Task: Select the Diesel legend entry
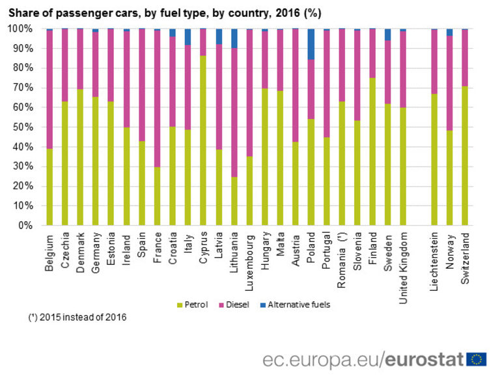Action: pyautogui.click(x=238, y=305)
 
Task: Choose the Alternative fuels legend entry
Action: pyautogui.click(x=299, y=305)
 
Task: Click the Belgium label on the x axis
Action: pyautogui.click(x=50, y=254)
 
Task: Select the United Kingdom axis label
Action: pyautogui.click(x=404, y=260)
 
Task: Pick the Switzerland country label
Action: pyautogui.click(x=465, y=256)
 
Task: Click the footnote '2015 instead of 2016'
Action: pyautogui.click(x=77, y=318)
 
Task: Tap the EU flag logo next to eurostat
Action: pyautogui.click(x=477, y=359)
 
